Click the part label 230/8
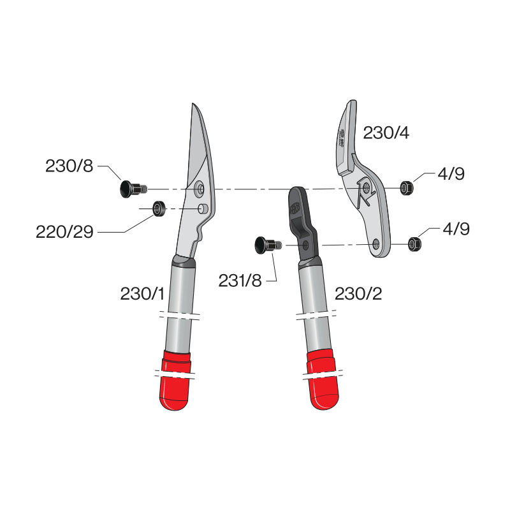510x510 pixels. (x=69, y=166)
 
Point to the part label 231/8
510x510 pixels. (x=239, y=280)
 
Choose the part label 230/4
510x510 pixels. (x=386, y=133)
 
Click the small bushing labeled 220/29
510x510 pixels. (x=157, y=208)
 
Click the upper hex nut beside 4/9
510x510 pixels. (x=405, y=187)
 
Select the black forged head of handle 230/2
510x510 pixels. (x=298, y=217)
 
